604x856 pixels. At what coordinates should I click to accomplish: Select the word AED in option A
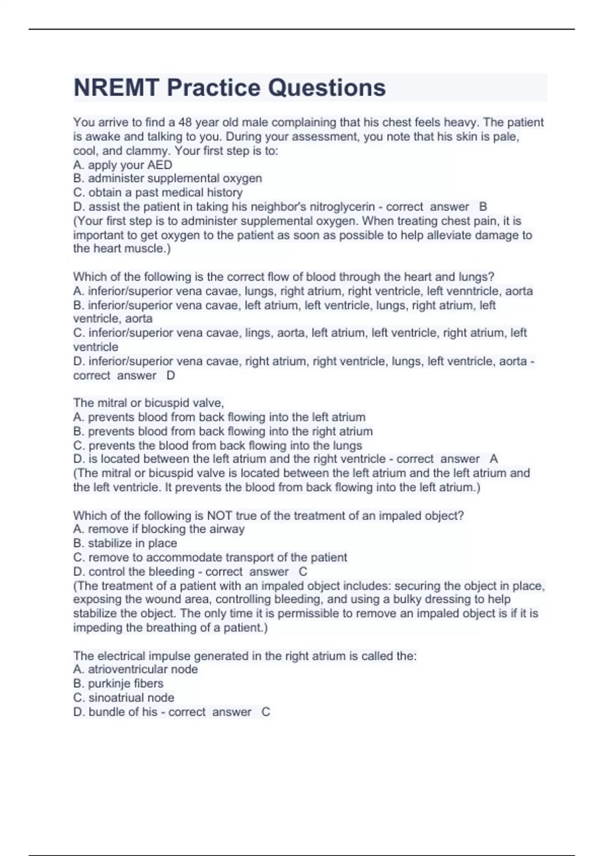[x=160, y=165]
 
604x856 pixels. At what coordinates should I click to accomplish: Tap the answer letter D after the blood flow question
[x=171, y=376]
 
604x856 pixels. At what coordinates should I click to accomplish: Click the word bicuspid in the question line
[x=166, y=403]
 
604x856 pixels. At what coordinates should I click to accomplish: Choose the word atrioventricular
[x=142, y=669]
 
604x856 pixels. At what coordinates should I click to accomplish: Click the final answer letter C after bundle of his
[x=266, y=712]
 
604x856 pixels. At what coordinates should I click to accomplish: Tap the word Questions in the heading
[x=326, y=88]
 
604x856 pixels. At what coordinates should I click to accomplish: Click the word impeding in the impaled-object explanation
[x=98, y=627]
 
